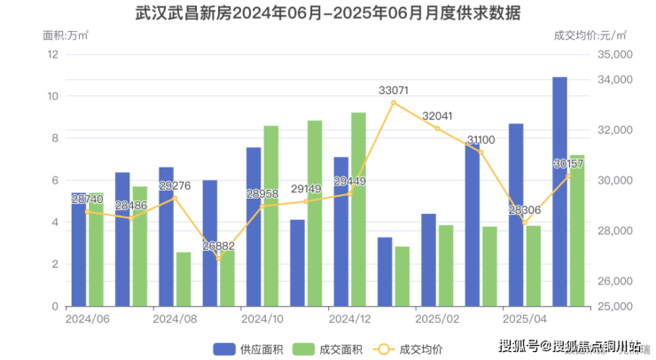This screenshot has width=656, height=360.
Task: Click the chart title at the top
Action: click(x=328, y=14)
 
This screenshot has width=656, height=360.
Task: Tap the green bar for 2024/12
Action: click(x=358, y=209)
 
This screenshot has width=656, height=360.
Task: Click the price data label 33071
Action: click(x=394, y=90)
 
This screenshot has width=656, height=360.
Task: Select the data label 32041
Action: click(x=437, y=116)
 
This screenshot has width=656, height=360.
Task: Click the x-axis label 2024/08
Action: click(x=175, y=318)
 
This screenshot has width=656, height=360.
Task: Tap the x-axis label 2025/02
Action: click(x=437, y=318)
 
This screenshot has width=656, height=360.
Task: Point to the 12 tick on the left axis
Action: click(x=52, y=54)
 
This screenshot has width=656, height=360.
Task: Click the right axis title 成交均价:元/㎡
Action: click(x=589, y=35)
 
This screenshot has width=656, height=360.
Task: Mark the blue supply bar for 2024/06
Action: click(x=79, y=249)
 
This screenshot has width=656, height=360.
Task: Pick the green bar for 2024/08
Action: click(x=184, y=279)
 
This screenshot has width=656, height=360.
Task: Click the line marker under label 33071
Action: click(x=394, y=103)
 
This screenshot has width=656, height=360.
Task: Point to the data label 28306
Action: click(x=525, y=210)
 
